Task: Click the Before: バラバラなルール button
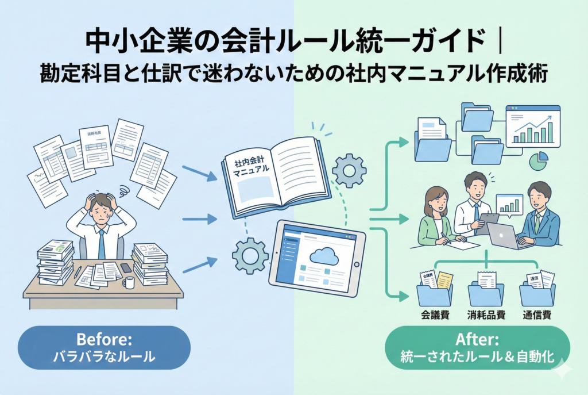[x=104, y=348]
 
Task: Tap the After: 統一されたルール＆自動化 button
[x=477, y=348]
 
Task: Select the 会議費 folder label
[x=435, y=315]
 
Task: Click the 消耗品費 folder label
[x=486, y=315]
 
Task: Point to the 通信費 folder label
[x=537, y=315]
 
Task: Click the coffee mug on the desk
[x=129, y=282]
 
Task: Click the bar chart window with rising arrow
[x=532, y=126]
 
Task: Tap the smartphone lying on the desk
[x=126, y=267]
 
